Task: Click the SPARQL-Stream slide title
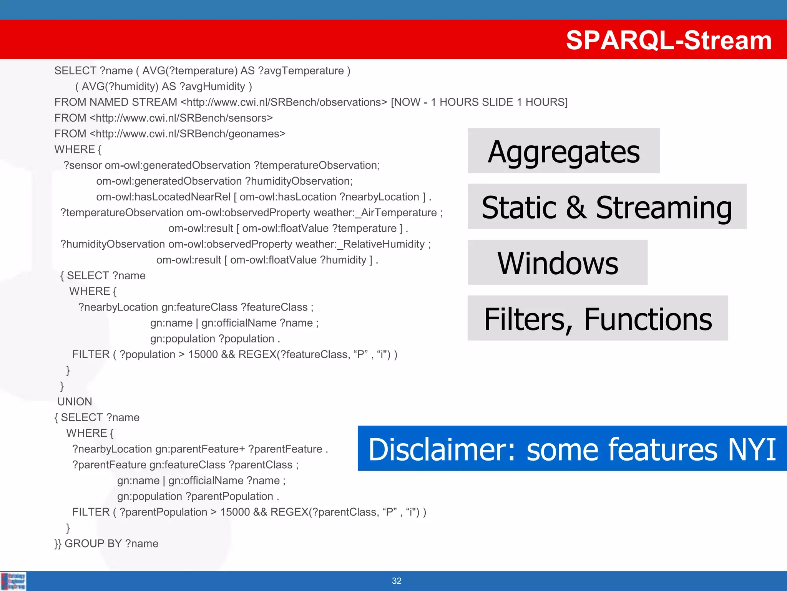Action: click(x=668, y=40)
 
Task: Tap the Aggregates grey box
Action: click(x=563, y=151)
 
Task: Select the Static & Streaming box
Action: click(x=606, y=207)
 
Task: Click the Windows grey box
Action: click(x=557, y=262)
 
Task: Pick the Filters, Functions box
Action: click(x=598, y=318)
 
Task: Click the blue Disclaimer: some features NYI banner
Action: click(x=572, y=449)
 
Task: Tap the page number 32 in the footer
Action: click(x=397, y=581)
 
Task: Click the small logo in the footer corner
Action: click(x=13, y=581)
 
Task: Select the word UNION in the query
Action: click(x=75, y=402)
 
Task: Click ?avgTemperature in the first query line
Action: click(x=301, y=71)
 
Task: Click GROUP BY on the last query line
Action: click(x=93, y=544)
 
